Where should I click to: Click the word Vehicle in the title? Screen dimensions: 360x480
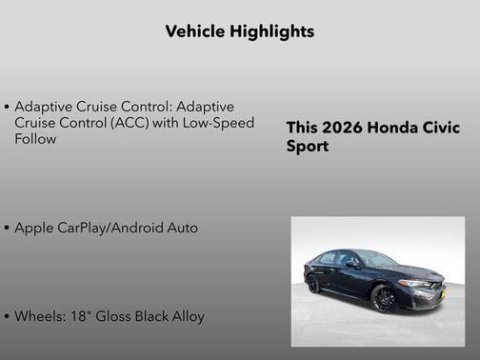(193, 31)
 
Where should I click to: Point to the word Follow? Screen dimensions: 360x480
(35, 139)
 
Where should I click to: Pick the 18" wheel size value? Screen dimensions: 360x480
(80, 316)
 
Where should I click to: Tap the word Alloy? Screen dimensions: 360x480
(186, 316)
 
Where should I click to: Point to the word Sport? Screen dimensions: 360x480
(308, 148)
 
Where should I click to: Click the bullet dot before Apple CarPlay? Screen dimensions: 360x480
(8, 230)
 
